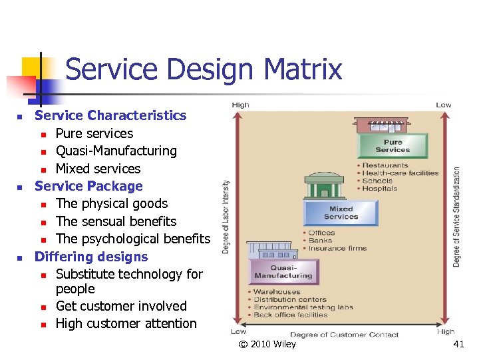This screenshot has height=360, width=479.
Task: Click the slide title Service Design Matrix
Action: pyautogui.click(x=204, y=69)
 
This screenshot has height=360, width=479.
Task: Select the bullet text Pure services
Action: pyautogui.click(x=94, y=133)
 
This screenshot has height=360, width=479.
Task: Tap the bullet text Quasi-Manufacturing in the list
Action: pyautogui.click(x=116, y=151)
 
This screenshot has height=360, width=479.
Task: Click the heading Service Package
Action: pyautogui.click(x=88, y=186)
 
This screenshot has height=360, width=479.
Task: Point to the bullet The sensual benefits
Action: pyautogui.click(x=116, y=221)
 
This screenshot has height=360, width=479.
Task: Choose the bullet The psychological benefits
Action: pyautogui.click(x=132, y=239)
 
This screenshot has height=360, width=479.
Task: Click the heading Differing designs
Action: pyautogui.click(x=91, y=257)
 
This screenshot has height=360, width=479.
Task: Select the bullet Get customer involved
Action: pyautogui.click(x=121, y=306)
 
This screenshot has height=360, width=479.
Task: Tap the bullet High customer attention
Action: pyautogui.click(x=126, y=323)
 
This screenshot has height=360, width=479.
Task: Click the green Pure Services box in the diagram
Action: pyautogui.click(x=393, y=146)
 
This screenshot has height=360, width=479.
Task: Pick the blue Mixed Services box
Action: pyautogui.click(x=341, y=213)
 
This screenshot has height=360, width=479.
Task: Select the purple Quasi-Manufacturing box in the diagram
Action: pyautogui.click(x=283, y=271)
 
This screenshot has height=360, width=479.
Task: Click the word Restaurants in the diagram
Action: pyautogui.click(x=385, y=165)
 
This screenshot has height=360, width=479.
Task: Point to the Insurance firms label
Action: pyautogui.click(x=337, y=249)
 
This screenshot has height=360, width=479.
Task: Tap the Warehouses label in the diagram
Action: pyautogui.click(x=277, y=292)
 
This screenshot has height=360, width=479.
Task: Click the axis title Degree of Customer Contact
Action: pyautogui.click(x=344, y=334)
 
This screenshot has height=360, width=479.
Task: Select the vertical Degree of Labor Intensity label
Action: pyautogui.click(x=226, y=217)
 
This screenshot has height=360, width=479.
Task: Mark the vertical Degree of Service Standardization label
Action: pyautogui.click(x=456, y=217)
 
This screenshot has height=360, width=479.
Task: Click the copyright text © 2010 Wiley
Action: pyautogui.click(x=267, y=344)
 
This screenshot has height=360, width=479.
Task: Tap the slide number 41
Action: pyautogui.click(x=458, y=344)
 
